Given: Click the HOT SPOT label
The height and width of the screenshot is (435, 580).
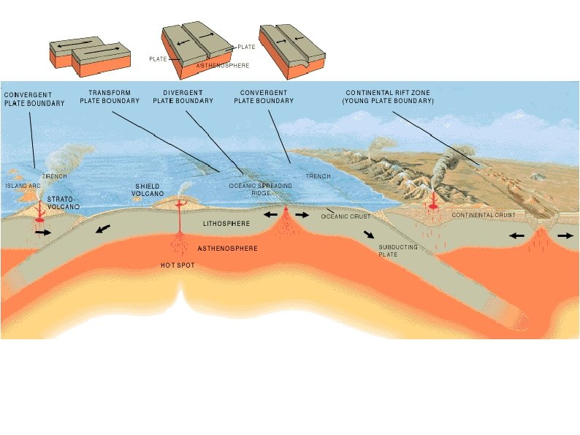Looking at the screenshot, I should pos(178,265).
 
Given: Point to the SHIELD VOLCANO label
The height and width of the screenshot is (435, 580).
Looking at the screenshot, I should pos(148,190).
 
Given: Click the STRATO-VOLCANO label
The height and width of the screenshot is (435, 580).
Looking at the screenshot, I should pos(64,203).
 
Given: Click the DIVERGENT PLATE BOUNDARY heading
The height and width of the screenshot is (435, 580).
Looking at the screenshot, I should pos(183,97).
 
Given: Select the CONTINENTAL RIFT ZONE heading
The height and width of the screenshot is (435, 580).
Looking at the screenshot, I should pos(388,97).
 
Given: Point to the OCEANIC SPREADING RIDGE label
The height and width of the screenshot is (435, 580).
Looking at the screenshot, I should pos(261,190).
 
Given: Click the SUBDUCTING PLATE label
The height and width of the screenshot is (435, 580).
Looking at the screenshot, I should pos(397,251).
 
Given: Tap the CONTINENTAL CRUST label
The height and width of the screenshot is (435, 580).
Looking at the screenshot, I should pos(483,215).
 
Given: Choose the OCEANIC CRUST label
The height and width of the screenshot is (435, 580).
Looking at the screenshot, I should pos(346,216).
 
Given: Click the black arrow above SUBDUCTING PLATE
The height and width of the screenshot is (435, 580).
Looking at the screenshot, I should pos(370,235).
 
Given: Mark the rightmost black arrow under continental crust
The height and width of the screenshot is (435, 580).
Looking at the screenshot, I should pos(565,237).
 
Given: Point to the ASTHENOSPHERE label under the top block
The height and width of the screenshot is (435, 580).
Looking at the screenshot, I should pos(223,66).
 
